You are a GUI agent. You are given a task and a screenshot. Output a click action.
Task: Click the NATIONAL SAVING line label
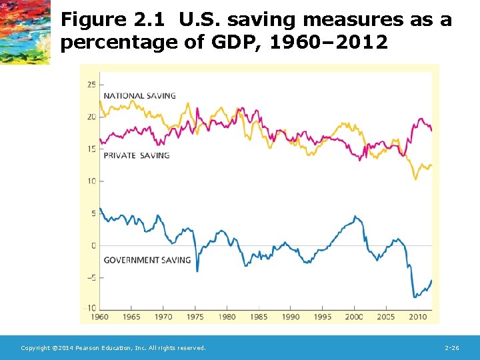coord(139,95)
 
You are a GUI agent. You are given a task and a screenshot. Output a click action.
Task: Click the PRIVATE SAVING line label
coord(136,155)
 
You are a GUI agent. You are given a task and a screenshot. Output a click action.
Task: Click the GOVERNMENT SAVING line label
coord(147,260)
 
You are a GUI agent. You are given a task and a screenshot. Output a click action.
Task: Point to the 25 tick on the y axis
coord(92,85)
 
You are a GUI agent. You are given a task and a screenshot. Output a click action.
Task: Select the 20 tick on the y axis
coord(92,117)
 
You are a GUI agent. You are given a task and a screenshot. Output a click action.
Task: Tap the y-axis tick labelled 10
coord(92,181)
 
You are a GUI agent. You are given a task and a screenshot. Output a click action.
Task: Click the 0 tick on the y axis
coord(94,246)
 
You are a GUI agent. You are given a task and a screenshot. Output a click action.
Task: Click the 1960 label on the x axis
coord(99,317)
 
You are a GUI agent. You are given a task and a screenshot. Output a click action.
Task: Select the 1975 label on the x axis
coord(195,317)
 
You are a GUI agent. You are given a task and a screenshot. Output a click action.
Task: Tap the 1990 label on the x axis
coord(291,317)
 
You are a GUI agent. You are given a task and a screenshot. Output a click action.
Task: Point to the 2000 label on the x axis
coord(354,317)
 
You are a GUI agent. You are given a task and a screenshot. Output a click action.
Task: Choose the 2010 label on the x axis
coord(418,317)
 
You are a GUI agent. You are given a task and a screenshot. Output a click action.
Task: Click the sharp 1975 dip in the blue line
coord(197,270)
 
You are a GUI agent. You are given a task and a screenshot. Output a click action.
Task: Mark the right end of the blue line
coord(432,280)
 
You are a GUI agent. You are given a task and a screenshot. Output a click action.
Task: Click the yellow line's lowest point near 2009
coord(417,179)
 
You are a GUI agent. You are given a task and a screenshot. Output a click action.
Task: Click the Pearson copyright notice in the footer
coord(113,348)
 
